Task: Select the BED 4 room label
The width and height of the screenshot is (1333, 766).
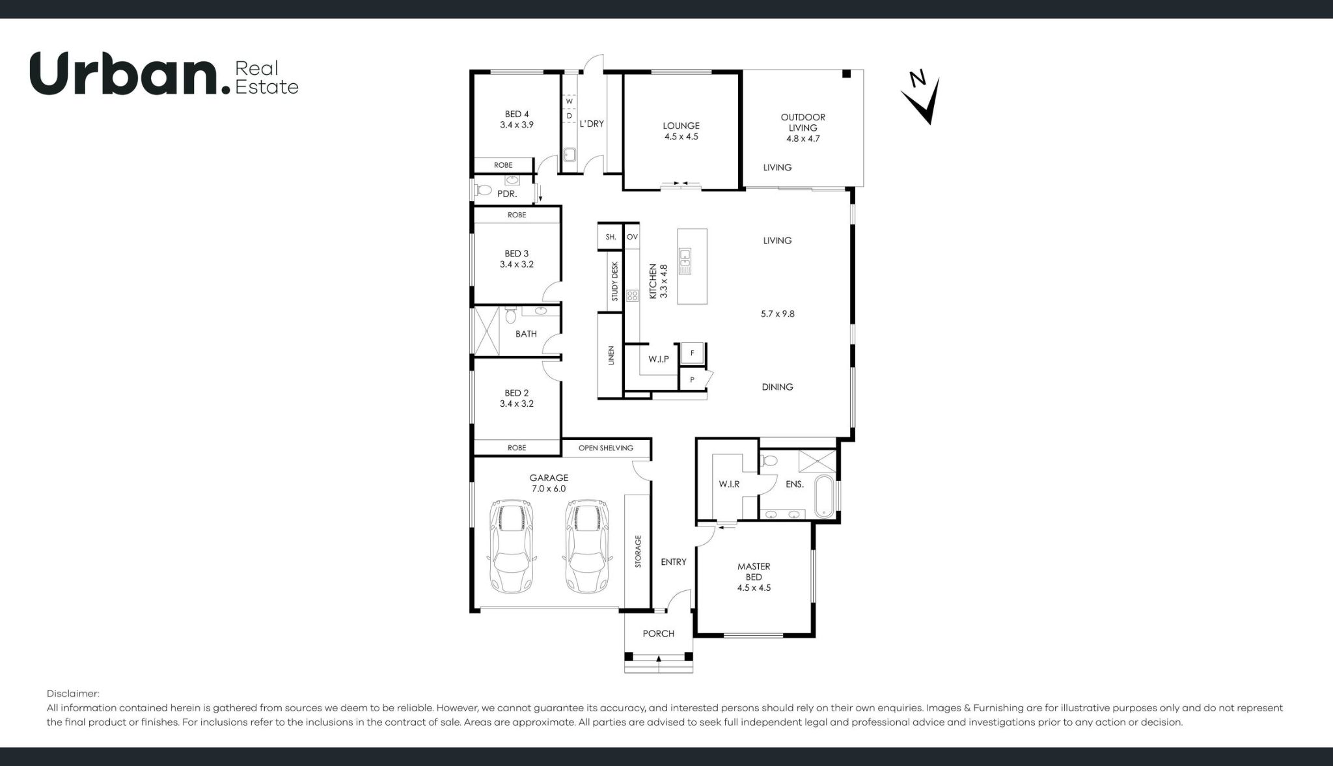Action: [x=517, y=114]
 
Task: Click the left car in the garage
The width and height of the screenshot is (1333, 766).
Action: [x=512, y=545]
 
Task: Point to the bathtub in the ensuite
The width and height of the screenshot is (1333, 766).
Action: [x=823, y=497]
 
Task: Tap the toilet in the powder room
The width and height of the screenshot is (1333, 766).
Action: [x=483, y=190]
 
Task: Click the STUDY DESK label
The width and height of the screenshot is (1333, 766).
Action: [x=614, y=281]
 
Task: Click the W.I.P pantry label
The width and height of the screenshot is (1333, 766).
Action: [x=658, y=359]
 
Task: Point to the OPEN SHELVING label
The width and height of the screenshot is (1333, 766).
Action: [x=605, y=448]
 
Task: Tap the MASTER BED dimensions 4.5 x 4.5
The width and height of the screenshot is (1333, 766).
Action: [x=754, y=588]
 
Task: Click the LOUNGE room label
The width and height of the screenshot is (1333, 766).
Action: [x=681, y=126]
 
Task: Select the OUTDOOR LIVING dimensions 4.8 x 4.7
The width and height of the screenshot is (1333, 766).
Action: [x=803, y=139]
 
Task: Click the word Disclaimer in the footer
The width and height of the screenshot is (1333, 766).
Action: [x=73, y=694]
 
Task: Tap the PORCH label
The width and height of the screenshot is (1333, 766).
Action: [x=658, y=633]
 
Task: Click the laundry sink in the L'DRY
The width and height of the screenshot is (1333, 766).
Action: [x=570, y=155]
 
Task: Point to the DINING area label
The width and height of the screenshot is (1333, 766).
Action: [x=777, y=387]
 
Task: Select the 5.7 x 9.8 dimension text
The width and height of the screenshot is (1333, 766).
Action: [x=777, y=314]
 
